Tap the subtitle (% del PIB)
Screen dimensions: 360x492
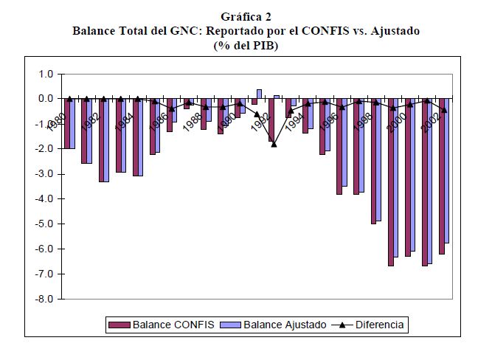pyautogui.click(x=246, y=45)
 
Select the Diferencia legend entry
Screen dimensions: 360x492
pyautogui.click(x=378, y=324)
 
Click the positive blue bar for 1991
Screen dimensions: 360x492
pyautogui.click(x=259, y=94)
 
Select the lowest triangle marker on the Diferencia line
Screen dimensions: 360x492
pyautogui.click(x=274, y=144)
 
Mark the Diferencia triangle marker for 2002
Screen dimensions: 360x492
pyautogui.click(x=444, y=110)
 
